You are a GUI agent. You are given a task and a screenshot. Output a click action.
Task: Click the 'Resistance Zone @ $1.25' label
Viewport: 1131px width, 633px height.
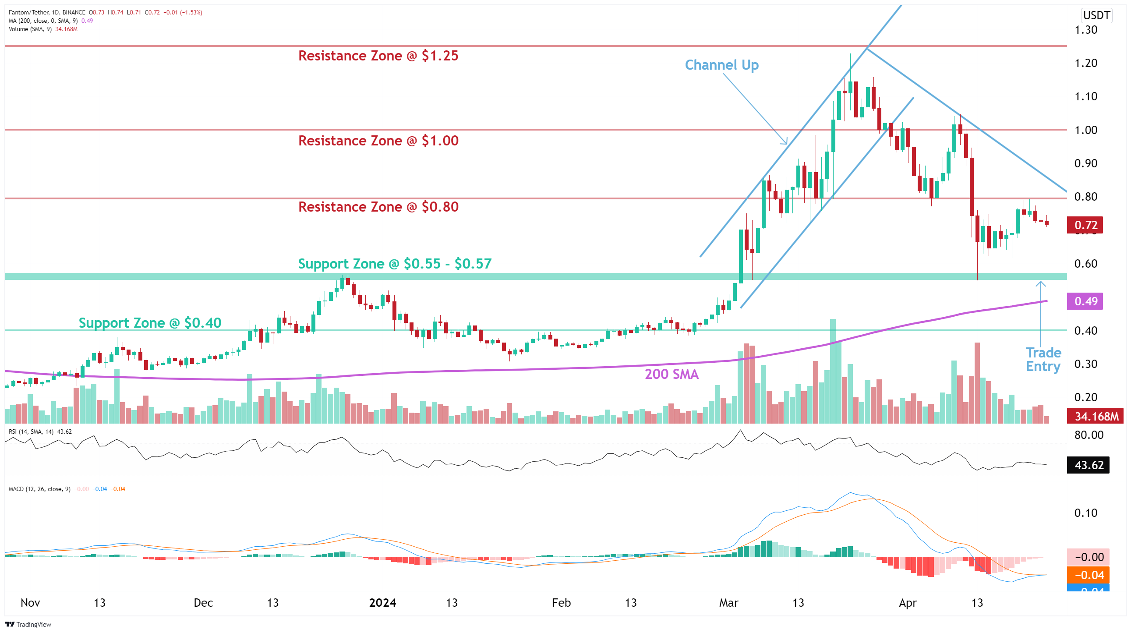point(378,56)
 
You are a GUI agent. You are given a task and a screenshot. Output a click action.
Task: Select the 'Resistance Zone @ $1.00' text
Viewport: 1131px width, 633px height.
point(378,141)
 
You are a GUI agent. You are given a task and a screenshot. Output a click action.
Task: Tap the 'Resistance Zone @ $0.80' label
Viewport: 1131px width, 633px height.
point(378,207)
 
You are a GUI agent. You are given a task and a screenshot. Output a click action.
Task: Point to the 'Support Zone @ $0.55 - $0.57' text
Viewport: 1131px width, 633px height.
point(394,263)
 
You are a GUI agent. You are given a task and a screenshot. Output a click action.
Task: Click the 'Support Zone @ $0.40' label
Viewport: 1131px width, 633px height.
point(150,323)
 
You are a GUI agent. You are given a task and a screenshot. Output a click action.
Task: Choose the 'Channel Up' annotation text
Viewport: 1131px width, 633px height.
point(721,65)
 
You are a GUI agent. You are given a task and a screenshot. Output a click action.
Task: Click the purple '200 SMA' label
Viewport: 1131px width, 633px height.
point(672,374)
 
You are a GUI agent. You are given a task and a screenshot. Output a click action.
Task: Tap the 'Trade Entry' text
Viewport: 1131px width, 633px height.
point(1043,359)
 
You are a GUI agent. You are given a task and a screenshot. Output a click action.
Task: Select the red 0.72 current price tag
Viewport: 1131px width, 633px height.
point(1085,225)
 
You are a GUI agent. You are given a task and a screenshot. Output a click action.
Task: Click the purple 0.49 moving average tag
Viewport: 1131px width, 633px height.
point(1085,301)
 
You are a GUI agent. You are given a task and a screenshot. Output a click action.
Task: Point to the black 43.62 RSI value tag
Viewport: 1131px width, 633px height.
point(1088,465)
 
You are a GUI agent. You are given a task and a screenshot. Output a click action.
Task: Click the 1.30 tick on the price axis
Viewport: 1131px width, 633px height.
point(1085,30)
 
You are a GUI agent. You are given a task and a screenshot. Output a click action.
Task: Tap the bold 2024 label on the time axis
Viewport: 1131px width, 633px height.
point(382,602)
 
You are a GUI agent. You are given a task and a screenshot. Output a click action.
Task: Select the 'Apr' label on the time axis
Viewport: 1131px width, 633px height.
point(908,602)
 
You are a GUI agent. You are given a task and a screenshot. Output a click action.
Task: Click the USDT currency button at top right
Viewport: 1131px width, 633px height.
point(1096,15)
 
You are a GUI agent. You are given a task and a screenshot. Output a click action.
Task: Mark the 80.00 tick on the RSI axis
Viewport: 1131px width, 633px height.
point(1089,435)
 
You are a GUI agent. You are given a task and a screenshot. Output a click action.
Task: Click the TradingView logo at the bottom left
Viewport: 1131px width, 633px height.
point(28,624)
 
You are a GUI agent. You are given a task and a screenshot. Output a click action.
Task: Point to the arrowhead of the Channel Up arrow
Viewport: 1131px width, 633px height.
point(786,143)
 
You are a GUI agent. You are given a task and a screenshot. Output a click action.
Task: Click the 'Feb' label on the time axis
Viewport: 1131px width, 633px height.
point(561,602)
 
